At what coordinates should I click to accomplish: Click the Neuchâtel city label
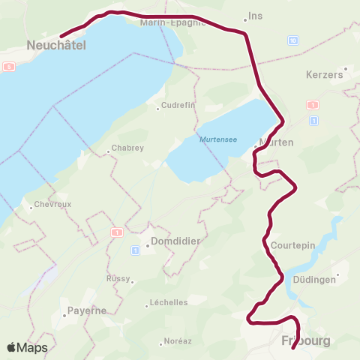tap(56, 46)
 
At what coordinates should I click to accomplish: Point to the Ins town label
tap(256, 16)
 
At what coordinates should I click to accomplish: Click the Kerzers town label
tap(325, 75)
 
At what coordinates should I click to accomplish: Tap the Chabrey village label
tap(127, 148)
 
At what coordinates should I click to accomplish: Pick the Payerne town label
tap(86, 310)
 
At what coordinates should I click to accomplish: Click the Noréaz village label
tap(177, 340)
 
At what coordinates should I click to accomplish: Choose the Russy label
tap(118, 277)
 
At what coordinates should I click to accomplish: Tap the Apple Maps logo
tap(27, 347)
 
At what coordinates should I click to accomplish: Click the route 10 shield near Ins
tap(292, 40)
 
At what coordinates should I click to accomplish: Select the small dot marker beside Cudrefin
tap(157, 109)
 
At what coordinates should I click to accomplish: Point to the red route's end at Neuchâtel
tap(61, 34)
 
